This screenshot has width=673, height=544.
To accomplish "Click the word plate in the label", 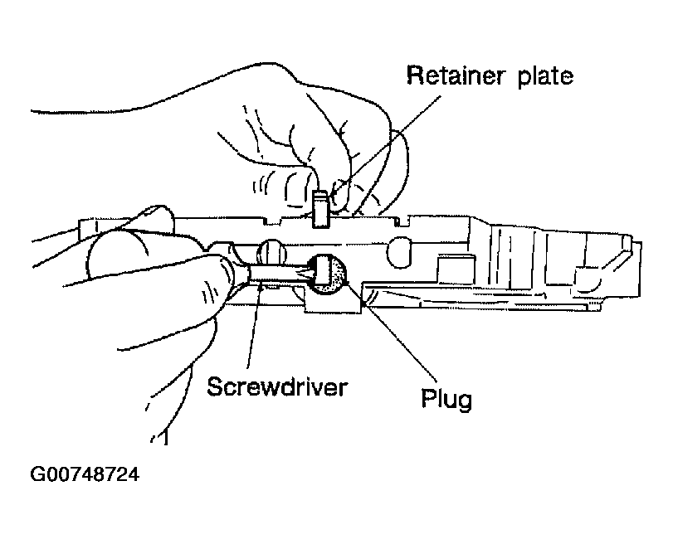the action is [545, 77].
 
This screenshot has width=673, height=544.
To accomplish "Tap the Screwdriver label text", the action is [277, 386].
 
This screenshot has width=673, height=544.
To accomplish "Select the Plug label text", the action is [446, 399].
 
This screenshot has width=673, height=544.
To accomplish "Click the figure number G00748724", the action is [85, 474].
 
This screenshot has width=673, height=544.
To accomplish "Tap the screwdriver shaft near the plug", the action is [279, 274].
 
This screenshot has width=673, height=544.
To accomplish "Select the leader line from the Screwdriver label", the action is [254, 326].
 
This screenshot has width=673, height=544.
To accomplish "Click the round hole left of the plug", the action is [271, 251].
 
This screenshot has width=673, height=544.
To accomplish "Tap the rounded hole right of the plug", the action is [400, 253].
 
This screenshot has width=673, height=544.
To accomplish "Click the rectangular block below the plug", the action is [333, 304].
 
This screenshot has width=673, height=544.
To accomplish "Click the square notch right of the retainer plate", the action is [401, 221].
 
